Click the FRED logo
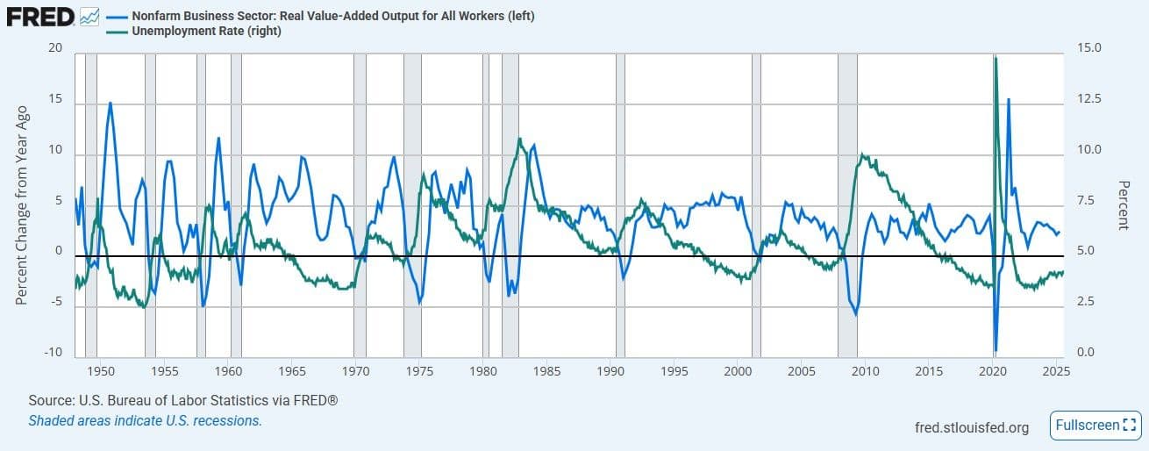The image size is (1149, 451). (x=39, y=16)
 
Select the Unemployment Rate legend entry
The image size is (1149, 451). (x=206, y=31)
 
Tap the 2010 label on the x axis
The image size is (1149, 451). (x=867, y=370)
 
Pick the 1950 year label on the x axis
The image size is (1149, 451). (x=101, y=370)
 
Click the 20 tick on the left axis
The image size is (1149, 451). (x=55, y=48)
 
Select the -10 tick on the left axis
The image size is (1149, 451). (x=54, y=353)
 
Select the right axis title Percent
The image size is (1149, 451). (x=1122, y=204)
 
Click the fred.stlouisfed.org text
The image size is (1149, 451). (x=971, y=427)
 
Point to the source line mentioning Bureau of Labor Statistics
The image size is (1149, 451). (x=183, y=400)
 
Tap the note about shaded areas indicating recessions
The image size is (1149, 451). (x=145, y=420)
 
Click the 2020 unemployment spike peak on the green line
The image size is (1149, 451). (x=996, y=57)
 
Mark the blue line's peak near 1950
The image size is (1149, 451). (x=111, y=103)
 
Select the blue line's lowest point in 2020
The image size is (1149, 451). (x=996, y=350)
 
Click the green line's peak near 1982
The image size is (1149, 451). (x=520, y=139)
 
